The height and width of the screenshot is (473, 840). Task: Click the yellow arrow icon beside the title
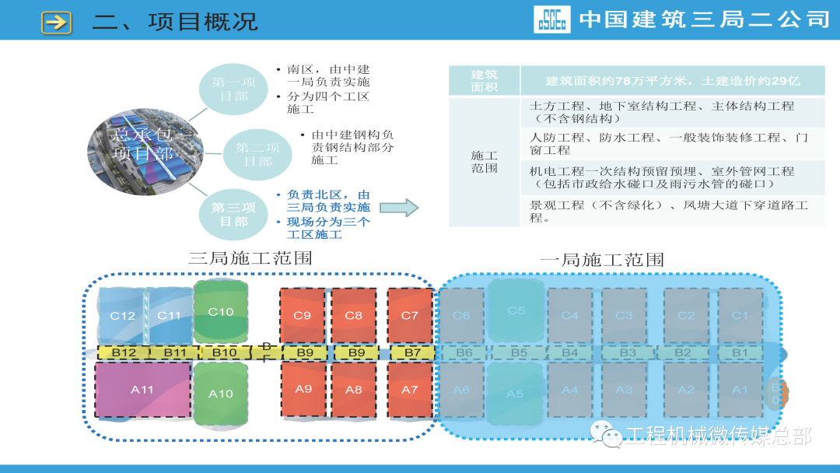56,22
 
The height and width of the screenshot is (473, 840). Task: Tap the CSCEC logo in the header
551,19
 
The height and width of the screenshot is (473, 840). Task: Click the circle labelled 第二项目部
257,154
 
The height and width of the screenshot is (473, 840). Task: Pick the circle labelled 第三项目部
233,214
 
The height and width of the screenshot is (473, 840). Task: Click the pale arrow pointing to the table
399,207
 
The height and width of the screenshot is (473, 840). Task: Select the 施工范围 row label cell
484,162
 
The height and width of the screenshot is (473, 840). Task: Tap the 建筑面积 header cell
484,80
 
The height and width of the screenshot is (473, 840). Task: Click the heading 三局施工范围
250,258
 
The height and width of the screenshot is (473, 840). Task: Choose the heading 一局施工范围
602,259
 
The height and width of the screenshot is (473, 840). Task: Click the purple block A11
142,390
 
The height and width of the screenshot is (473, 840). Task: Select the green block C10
220,311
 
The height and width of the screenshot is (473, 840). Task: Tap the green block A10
220,394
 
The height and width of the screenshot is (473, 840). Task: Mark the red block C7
409,315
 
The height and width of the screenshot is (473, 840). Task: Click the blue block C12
122,315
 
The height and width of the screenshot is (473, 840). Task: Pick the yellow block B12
124,352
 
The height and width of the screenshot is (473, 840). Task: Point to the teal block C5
516,310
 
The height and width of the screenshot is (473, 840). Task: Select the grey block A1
740,390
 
